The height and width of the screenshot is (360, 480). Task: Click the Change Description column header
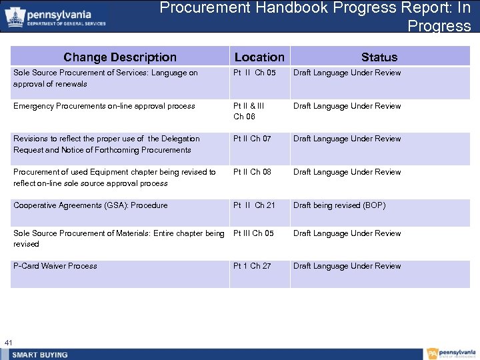tap(120, 57)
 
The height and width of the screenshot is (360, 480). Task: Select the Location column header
tap(259, 57)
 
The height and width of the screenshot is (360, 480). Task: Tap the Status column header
tap(379, 57)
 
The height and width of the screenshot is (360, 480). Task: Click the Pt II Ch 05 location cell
tap(254, 73)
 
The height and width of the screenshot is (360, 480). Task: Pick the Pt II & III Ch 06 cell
tap(249, 111)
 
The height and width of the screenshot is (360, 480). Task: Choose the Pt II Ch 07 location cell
tap(252, 139)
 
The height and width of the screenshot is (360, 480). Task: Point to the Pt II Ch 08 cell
tap(252, 172)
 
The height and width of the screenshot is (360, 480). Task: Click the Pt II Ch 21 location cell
tap(254, 205)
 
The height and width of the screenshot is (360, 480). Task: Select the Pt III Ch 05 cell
tap(253, 233)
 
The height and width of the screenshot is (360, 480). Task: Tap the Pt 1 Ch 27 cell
tap(252, 266)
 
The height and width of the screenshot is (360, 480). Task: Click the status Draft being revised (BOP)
tap(339, 205)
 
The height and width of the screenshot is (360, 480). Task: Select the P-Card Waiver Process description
tap(55, 266)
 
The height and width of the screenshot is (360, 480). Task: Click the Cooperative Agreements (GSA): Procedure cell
tap(91, 205)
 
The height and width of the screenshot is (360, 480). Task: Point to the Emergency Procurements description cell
tap(104, 106)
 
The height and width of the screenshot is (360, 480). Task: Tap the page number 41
tap(9, 343)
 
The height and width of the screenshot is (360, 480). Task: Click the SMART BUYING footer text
tap(40, 354)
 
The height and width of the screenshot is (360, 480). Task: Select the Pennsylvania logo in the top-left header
tap(56, 17)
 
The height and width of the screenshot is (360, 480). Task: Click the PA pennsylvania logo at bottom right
tap(451, 353)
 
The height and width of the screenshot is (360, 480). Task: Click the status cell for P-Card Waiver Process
tap(347, 266)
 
